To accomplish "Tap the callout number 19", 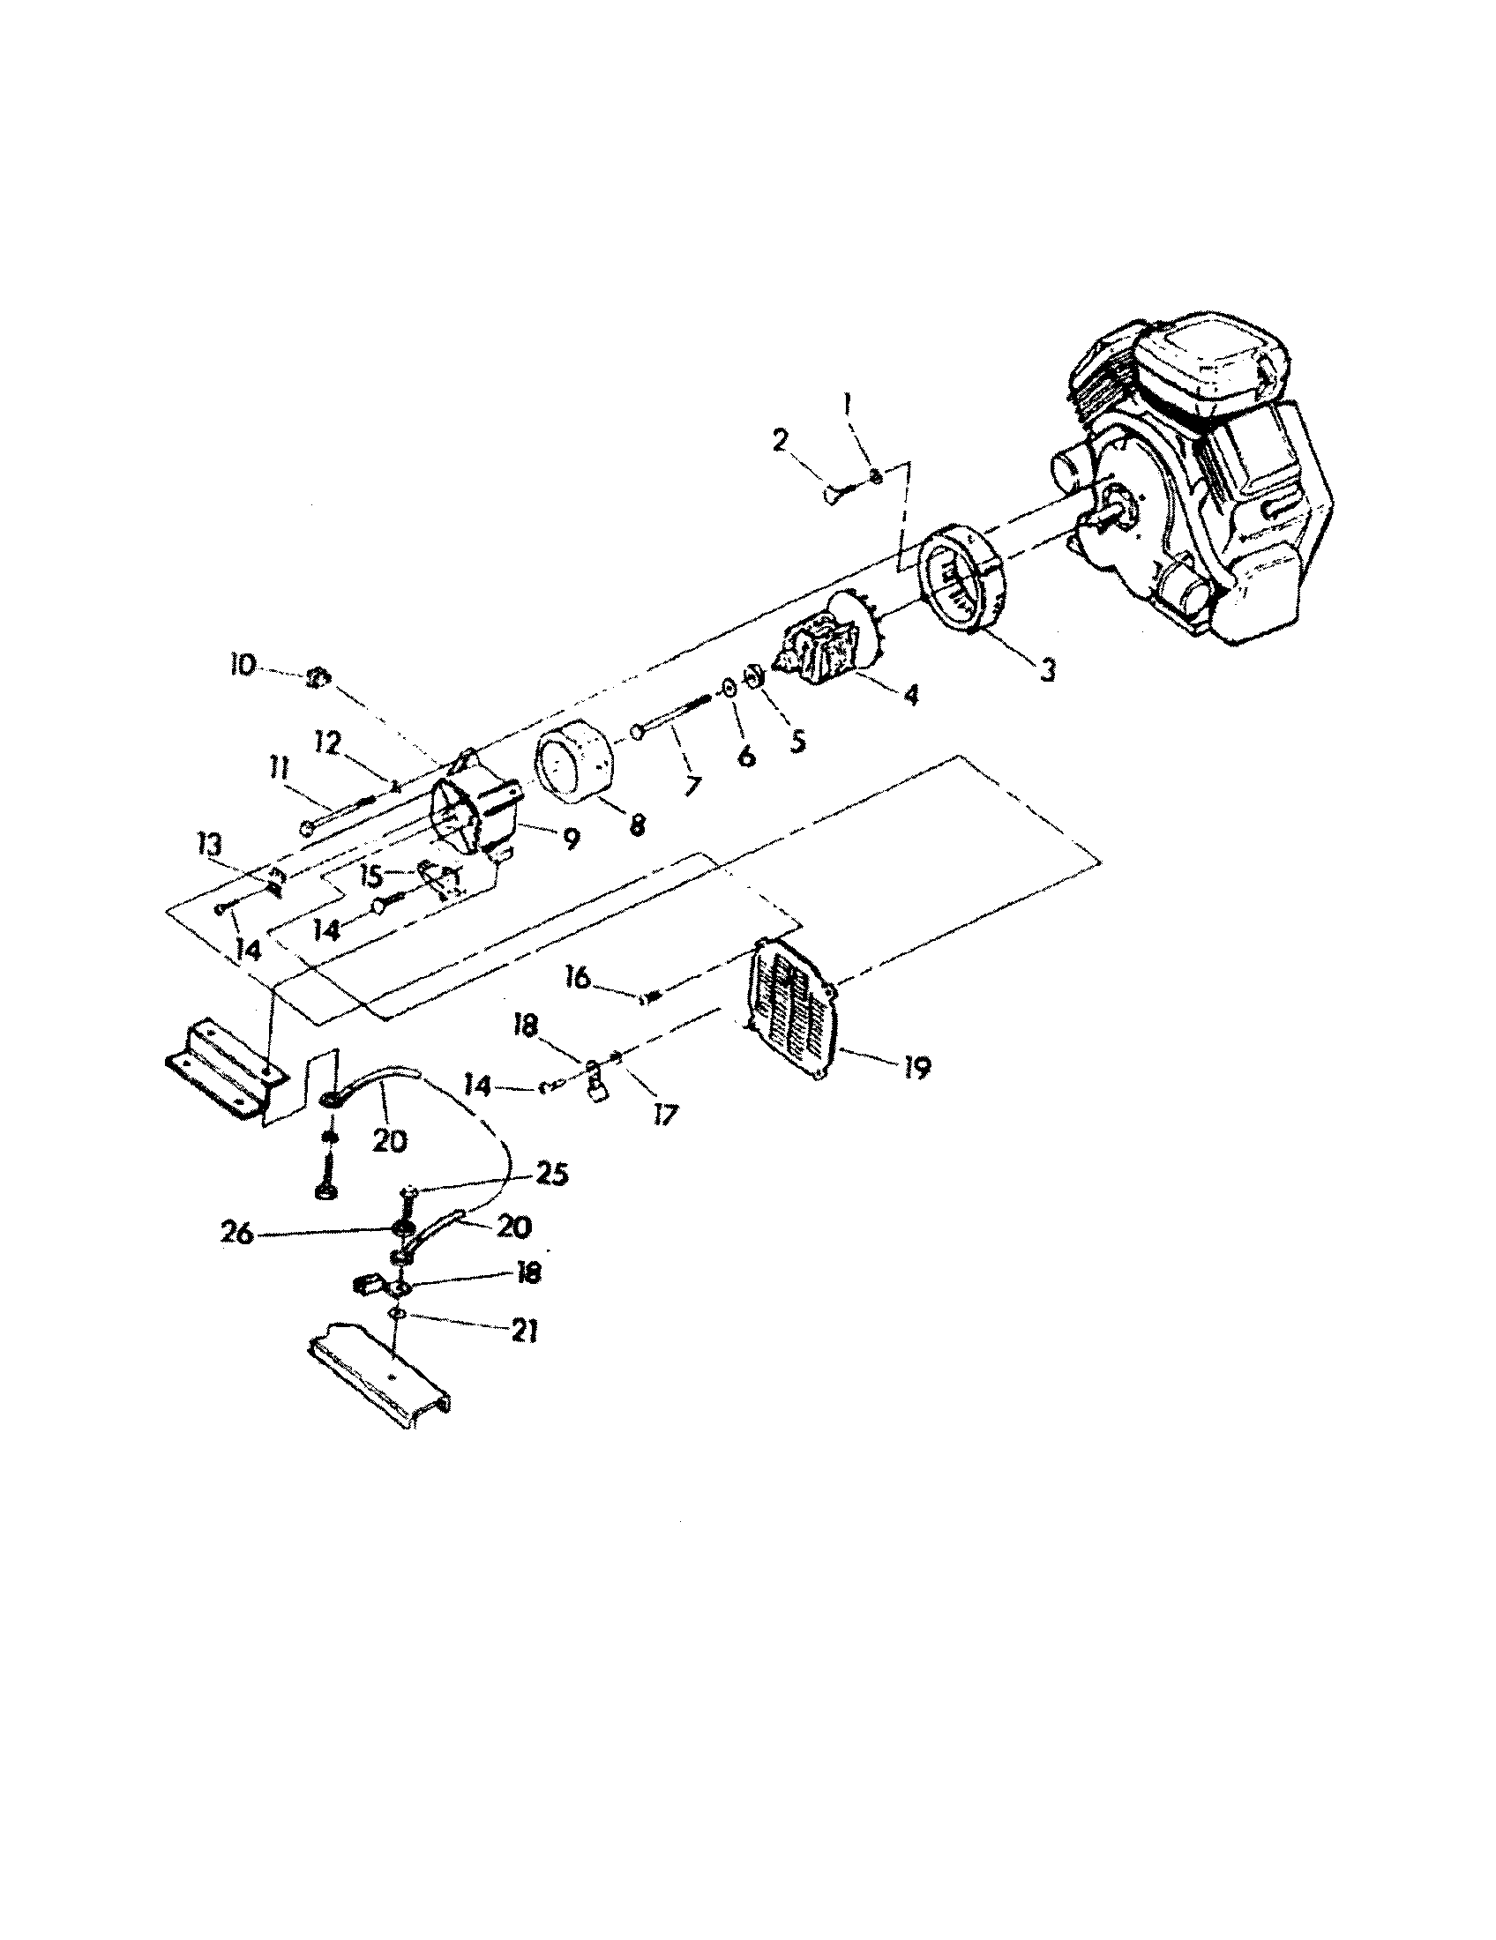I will (916, 1067).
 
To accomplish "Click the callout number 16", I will (577, 978).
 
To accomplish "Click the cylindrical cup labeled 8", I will (574, 765).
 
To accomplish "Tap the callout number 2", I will (780, 442).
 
